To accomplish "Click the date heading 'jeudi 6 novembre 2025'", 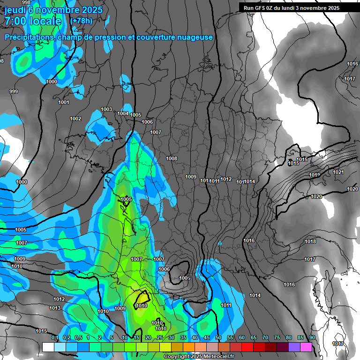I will pyautogui.click(x=49, y=9).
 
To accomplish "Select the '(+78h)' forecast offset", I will pyautogui.click(x=81, y=21).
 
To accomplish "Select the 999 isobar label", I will pyautogui.click(x=14, y=91).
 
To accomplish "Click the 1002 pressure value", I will pyautogui.click(x=75, y=119).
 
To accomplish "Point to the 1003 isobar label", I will pyautogui.click(x=106, y=109).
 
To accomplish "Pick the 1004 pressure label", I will pyautogui.click(x=123, y=113).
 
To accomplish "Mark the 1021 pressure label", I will pyautogui.click(x=338, y=172).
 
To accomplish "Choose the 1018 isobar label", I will pyautogui.click(x=310, y=241).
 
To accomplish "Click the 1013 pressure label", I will pyautogui.click(x=55, y=308).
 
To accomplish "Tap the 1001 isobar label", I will pyautogui.click(x=64, y=102).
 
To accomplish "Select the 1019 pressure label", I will pyautogui.click(x=315, y=175).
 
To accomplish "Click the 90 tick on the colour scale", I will pyautogui.click(x=312, y=337).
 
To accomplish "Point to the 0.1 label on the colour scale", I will pyautogui.click(x=54, y=337).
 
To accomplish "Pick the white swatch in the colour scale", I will pyautogui.click(x=48, y=347).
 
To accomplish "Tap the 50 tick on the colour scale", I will pyautogui.click(x=218, y=337).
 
